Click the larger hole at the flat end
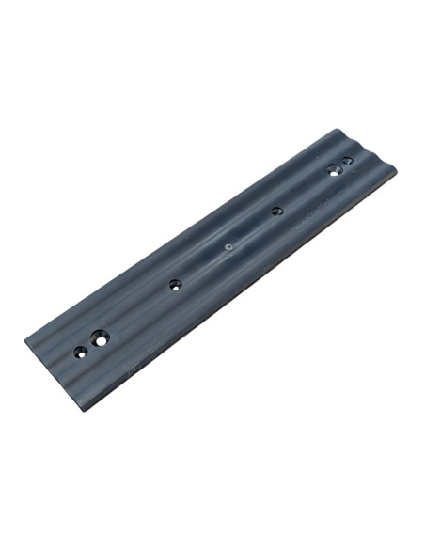click(101, 337)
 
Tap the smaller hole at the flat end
click(81, 353)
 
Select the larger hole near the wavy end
click(334, 170)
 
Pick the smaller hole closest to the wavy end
click(348, 161)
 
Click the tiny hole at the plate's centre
click(228, 248)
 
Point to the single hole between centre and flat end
click(175, 283)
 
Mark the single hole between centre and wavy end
click(276, 211)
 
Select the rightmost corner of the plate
click(396, 170)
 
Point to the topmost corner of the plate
click(334, 131)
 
